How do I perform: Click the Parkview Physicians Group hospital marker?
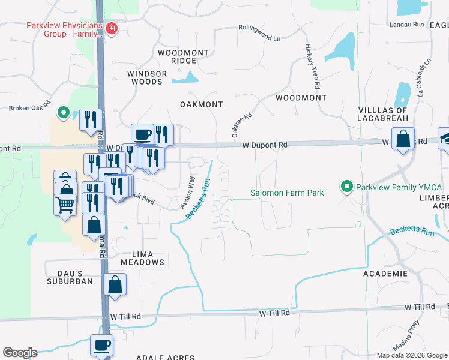110,29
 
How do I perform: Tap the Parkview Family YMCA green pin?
346,187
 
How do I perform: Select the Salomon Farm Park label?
287,193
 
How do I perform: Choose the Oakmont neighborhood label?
202,104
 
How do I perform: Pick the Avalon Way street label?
188,193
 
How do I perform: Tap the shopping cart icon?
65,204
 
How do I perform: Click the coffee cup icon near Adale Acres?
101,346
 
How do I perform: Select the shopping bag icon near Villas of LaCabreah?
403,139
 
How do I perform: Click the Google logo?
20,353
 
